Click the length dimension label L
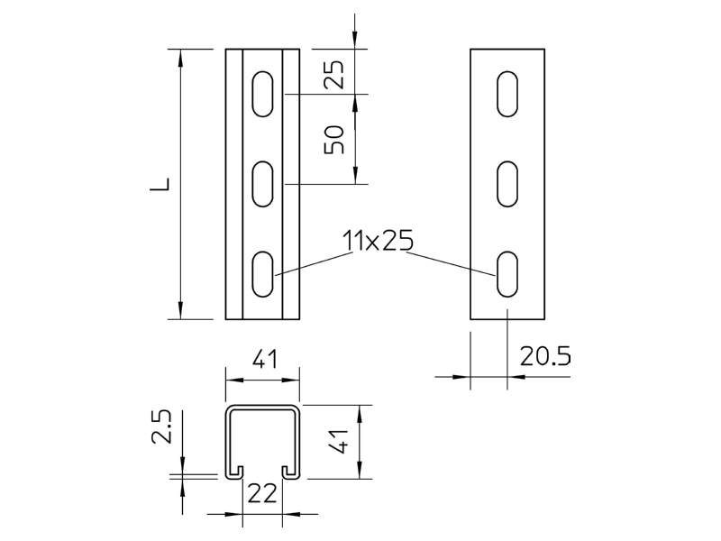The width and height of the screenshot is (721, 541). pyautogui.click(x=160, y=184)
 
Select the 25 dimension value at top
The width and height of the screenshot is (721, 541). pyautogui.click(x=334, y=74)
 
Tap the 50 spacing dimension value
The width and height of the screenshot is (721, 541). pyautogui.click(x=334, y=140)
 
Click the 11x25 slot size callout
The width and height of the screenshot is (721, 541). pyautogui.click(x=378, y=241)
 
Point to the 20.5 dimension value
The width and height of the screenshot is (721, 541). pyautogui.click(x=545, y=356)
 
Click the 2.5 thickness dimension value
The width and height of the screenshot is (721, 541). pyautogui.click(x=161, y=426)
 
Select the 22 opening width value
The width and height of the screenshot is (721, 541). pyautogui.click(x=262, y=493)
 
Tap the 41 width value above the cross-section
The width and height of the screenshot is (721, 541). pyautogui.click(x=265, y=359)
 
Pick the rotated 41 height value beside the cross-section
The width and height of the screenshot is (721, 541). pyautogui.click(x=341, y=441)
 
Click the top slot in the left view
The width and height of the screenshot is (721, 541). pyautogui.click(x=262, y=94)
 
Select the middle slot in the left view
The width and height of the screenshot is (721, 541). pyautogui.click(x=262, y=184)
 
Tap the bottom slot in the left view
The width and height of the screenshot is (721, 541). pyautogui.click(x=262, y=274)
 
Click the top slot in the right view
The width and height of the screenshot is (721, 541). pyautogui.click(x=507, y=94)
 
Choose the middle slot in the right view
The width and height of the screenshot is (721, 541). pyautogui.click(x=507, y=184)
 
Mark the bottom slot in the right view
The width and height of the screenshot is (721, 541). pyautogui.click(x=507, y=274)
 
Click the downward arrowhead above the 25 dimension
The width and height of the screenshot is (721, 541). pyautogui.click(x=354, y=40)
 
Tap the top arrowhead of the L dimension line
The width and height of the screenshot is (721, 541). pyautogui.click(x=180, y=58)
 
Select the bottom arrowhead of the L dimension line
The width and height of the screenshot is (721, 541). pyautogui.click(x=180, y=309)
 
